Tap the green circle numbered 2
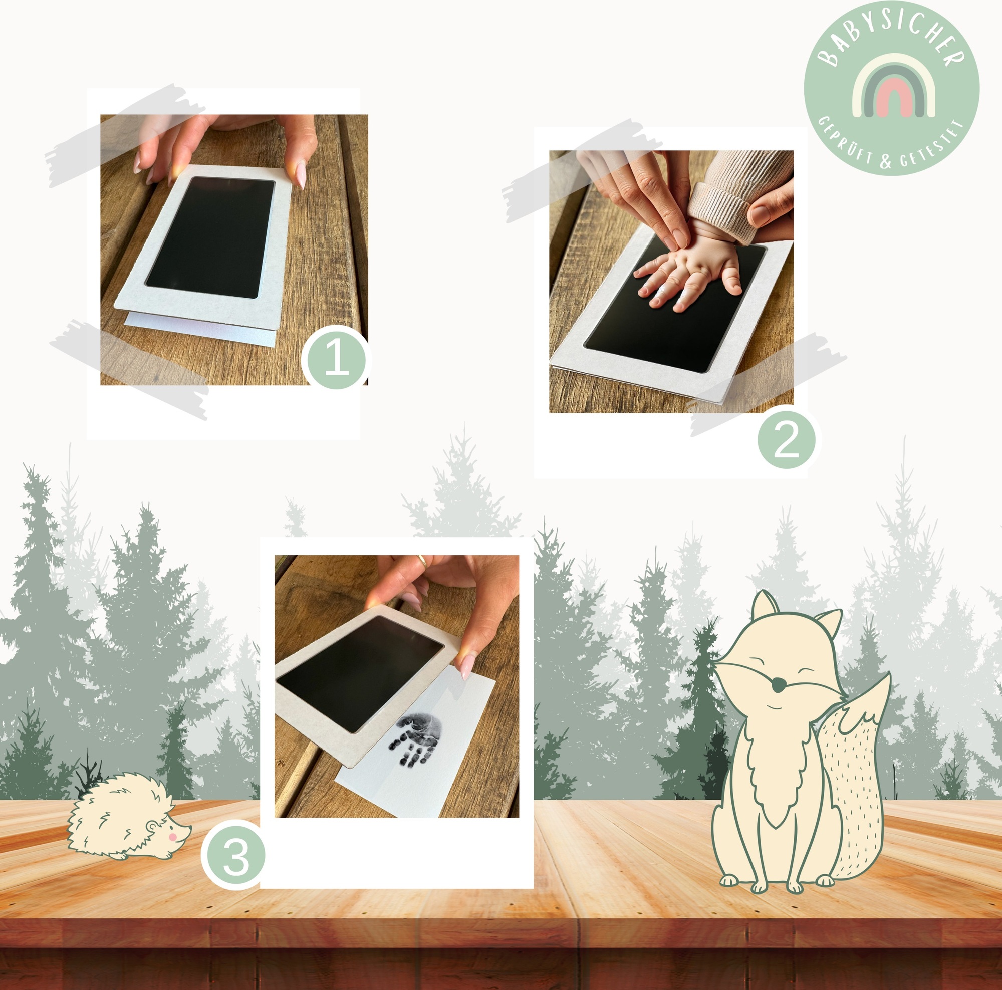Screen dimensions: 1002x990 [x=786, y=440]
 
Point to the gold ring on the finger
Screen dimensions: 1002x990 [x=422, y=561]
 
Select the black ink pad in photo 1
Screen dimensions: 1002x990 [x=210, y=237]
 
